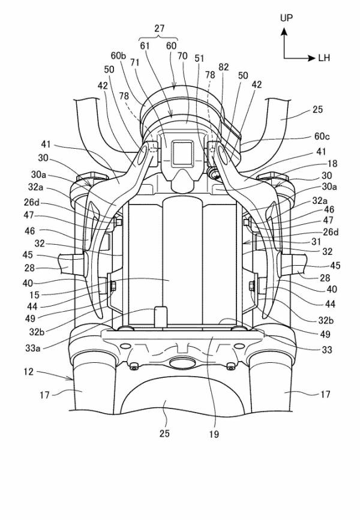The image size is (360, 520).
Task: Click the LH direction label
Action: pos(325,58)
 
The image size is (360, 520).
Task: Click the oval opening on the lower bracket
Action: pos(181,362)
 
